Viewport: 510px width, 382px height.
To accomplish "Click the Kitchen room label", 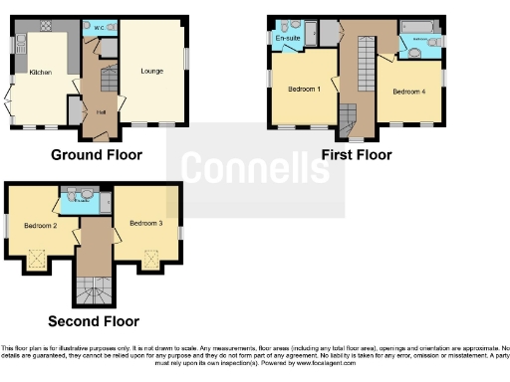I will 40,73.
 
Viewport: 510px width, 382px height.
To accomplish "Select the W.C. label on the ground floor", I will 99,27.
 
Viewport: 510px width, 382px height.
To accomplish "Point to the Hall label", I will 101,112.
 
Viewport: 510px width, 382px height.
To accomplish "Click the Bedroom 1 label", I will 304,89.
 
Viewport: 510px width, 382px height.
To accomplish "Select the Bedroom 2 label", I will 40,226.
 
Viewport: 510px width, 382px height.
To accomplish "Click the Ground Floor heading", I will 96,154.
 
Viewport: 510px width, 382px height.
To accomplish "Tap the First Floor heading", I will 356,154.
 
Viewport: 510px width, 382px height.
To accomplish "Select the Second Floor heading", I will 94,321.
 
